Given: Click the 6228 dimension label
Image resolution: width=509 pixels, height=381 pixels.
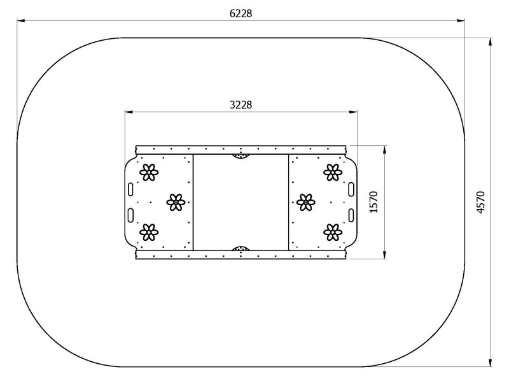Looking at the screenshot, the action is pyautogui.click(x=241, y=13).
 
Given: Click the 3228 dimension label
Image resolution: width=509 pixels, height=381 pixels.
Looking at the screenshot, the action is pyautogui.click(x=241, y=105).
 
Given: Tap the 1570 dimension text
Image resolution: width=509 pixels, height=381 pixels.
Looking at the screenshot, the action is pyautogui.click(x=374, y=202).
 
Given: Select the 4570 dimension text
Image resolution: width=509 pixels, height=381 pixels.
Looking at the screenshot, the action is pyautogui.click(x=481, y=202).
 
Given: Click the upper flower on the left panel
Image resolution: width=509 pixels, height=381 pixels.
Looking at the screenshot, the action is pyautogui.click(x=149, y=172).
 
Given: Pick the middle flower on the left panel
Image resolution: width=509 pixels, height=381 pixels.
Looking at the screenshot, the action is pyautogui.click(x=176, y=202).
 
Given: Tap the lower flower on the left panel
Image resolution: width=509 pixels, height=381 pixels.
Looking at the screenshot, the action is pyautogui.click(x=149, y=232).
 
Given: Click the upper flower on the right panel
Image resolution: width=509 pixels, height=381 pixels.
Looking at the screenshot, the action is pyautogui.click(x=333, y=172).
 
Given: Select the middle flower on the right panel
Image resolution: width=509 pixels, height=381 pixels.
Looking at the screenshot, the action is pyautogui.click(x=306, y=202).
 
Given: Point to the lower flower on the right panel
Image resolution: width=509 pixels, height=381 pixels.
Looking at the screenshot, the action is pyautogui.click(x=333, y=232).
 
